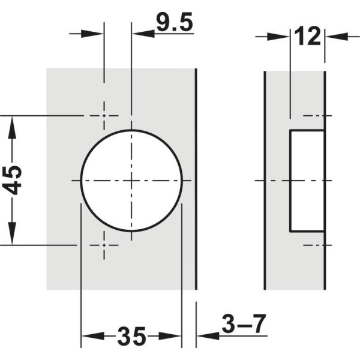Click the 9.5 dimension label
point(175,22)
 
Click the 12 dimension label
point(307,36)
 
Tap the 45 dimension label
point(13,181)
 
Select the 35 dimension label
point(132,337)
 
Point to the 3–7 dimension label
point(244,324)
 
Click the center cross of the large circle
point(131,181)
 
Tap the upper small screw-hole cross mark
point(104,116)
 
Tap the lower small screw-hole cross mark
point(104,245)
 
